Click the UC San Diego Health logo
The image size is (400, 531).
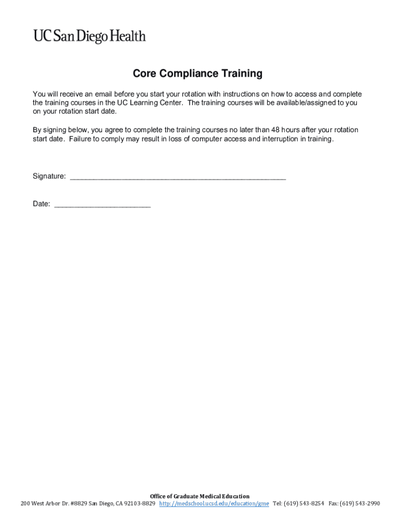[89, 36]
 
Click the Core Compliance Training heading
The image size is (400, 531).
[197, 74]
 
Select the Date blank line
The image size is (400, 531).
[102, 205]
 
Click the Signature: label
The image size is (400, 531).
[49, 176]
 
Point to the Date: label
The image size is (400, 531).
[41, 204]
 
